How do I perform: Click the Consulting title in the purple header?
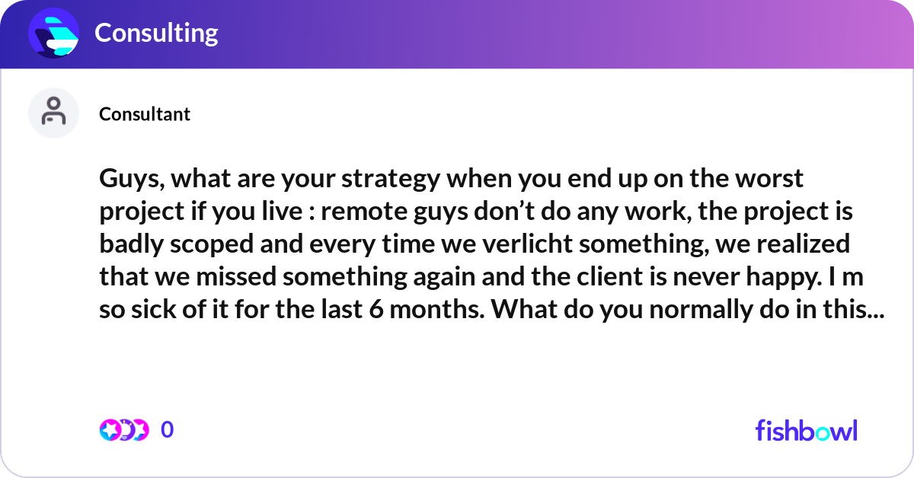[156, 33]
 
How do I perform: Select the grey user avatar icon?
[53, 113]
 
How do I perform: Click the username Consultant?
[145, 114]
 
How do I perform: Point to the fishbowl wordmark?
[806, 431]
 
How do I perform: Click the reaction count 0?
[168, 430]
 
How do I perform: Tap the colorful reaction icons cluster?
[123, 430]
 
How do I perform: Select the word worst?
[765, 180]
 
